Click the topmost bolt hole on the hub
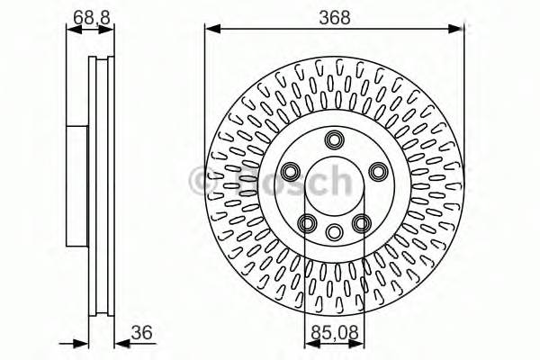(x=335, y=139)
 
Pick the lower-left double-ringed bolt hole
(x=307, y=224)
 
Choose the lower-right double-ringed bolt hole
(x=362, y=224)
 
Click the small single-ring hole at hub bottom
(x=335, y=232)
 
